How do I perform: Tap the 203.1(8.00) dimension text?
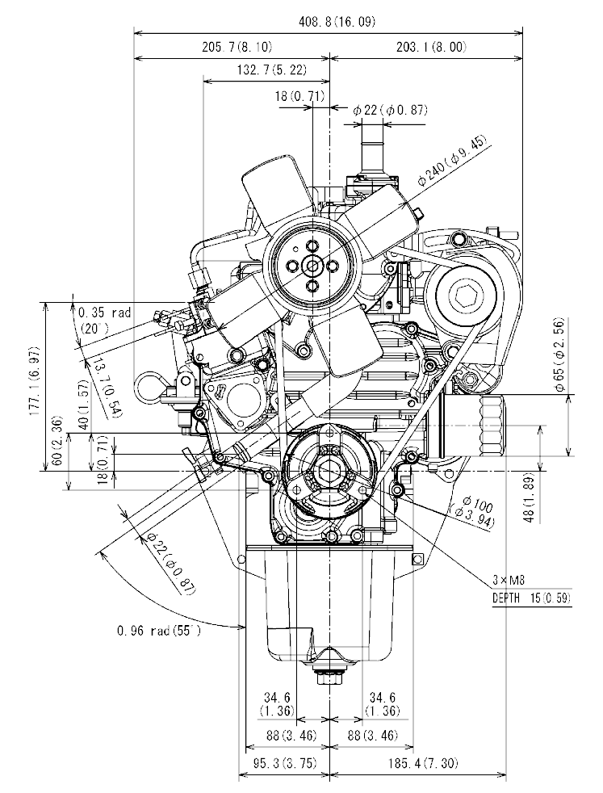[431, 47]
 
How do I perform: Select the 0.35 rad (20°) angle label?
[103, 320]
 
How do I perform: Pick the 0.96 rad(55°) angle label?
[158, 630]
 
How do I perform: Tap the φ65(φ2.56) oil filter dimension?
[560, 365]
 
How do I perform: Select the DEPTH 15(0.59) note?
[531, 598]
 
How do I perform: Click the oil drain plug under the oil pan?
[329, 677]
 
